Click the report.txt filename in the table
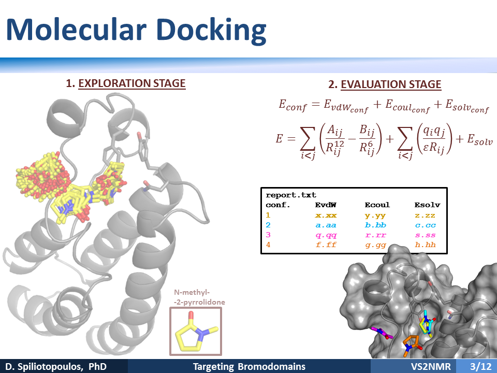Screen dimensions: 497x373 [x=290, y=195]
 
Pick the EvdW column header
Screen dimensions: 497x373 [x=326, y=205]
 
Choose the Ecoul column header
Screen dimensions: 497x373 [x=377, y=205]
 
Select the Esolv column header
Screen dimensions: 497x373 [x=427, y=205]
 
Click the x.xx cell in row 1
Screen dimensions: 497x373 [x=326, y=216]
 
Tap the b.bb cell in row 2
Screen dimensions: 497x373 [x=376, y=225]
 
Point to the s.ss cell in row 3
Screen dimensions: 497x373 [x=426, y=235]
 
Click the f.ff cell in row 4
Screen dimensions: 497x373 [x=326, y=245]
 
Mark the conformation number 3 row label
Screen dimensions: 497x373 [x=268, y=235]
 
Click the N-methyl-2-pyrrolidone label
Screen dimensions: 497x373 [x=199, y=297]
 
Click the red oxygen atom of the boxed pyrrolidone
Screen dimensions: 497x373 [x=191, y=314]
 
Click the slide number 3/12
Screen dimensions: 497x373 [x=481, y=367]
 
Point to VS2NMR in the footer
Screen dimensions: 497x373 [x=431, y=367]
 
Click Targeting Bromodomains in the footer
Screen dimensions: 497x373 [x=249, y=367]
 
